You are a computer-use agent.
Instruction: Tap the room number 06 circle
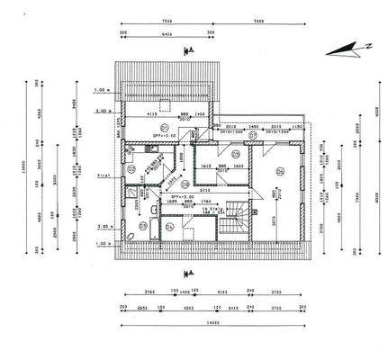(280, 170)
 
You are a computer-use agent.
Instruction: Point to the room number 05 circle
(236, 154)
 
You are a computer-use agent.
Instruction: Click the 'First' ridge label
(102, 178)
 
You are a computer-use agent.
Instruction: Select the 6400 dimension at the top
(166, 34)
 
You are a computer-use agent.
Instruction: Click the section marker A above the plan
(186, 51)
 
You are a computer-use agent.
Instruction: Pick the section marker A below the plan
(187, 272)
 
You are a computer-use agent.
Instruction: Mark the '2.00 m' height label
(102, 111)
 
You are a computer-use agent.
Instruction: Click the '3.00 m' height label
(102, 227)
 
